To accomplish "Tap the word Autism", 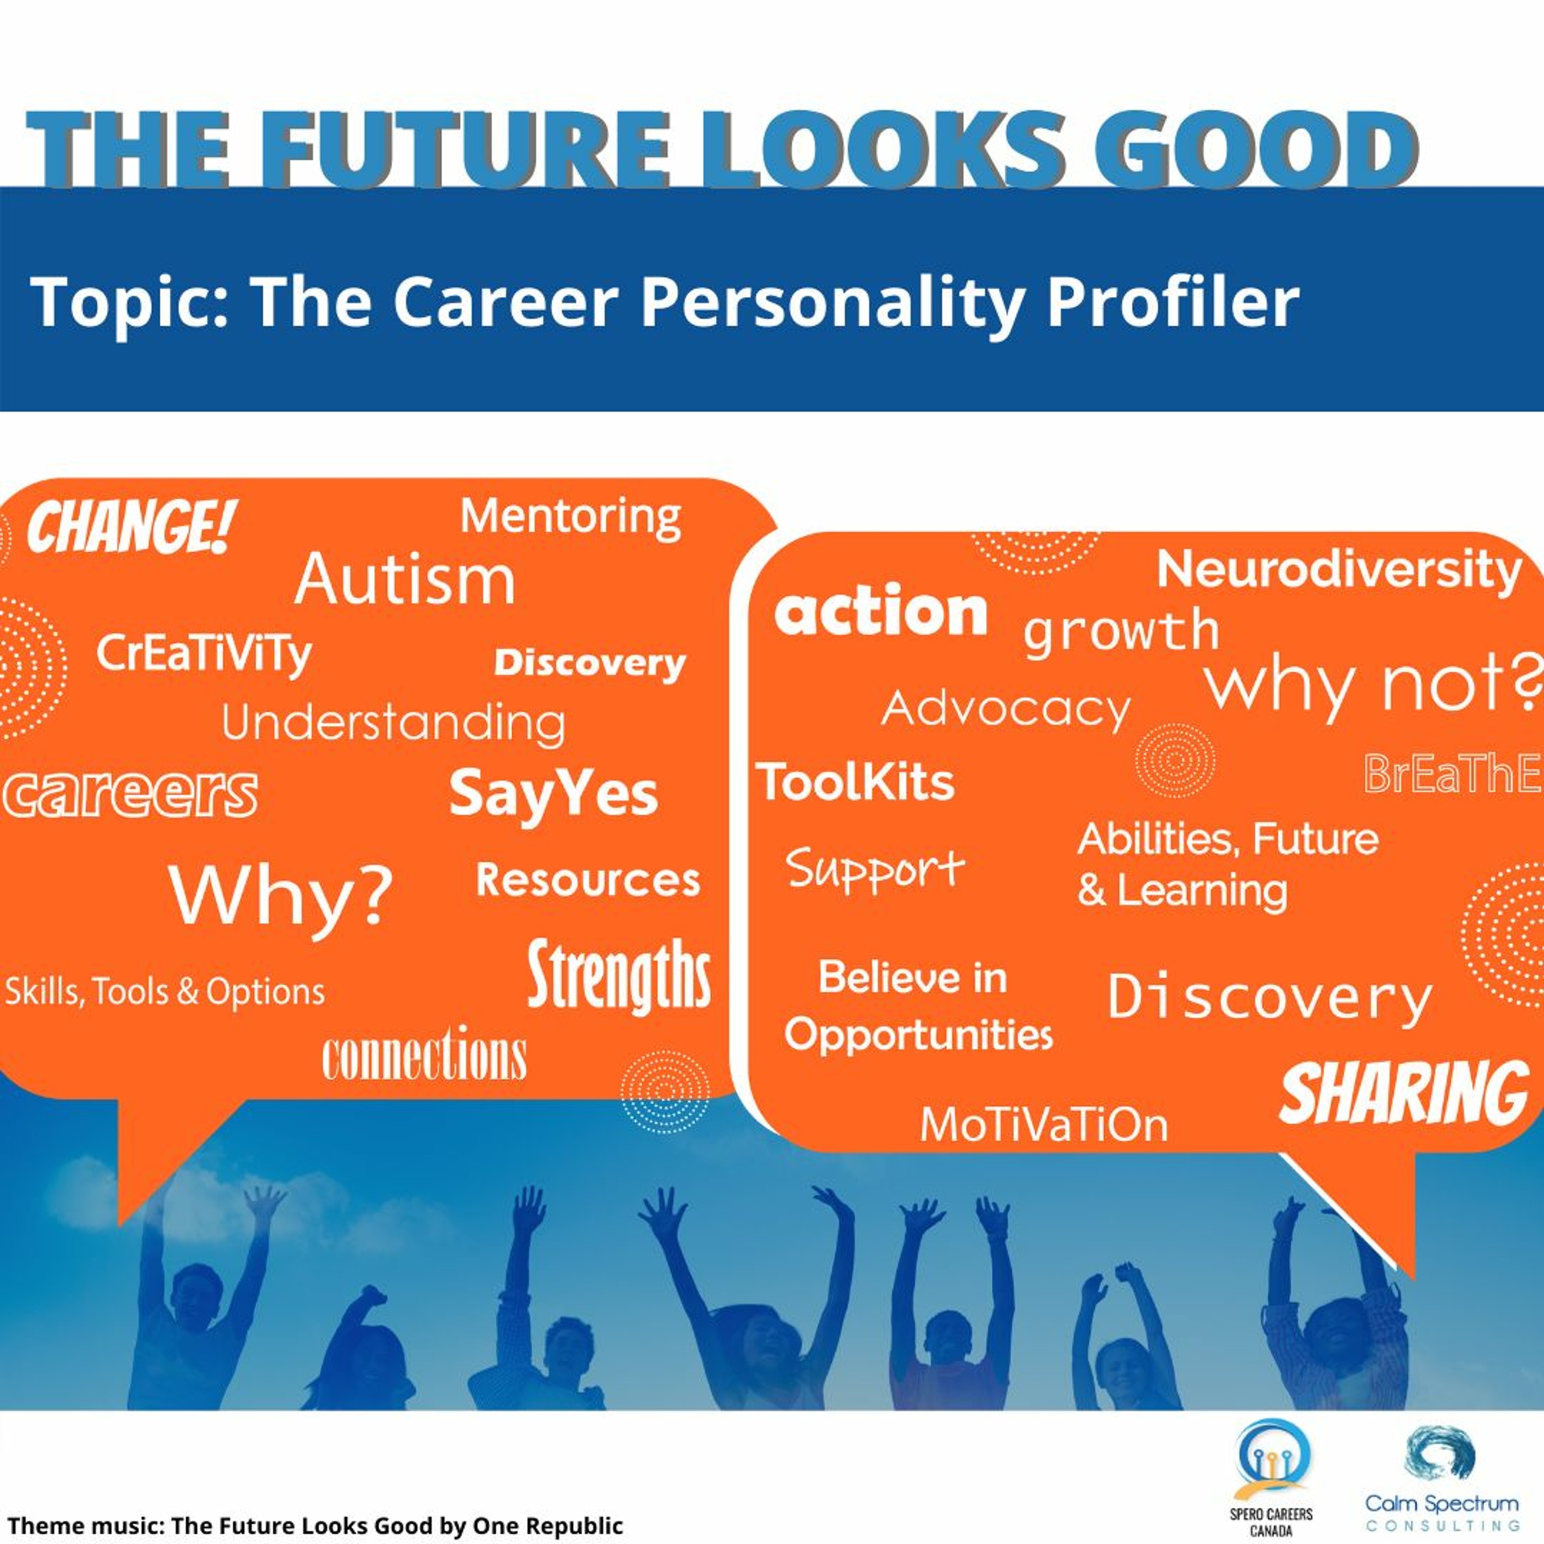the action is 405,580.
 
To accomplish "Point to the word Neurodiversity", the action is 1339,571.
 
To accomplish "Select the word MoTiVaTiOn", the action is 1044,1125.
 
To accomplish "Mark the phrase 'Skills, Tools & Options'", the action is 165,992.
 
